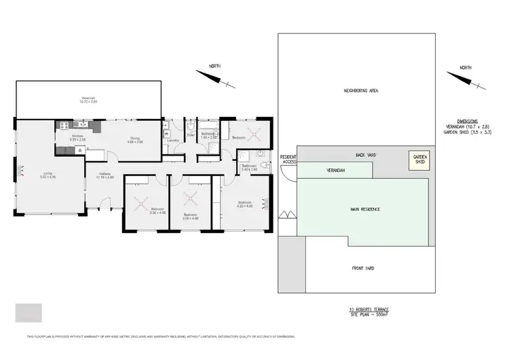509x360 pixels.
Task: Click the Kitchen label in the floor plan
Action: pyautogui.click(x=78, y=137)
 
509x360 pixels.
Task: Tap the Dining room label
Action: pyautogui.click(x=136, y=139)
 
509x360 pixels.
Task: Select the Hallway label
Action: pyautogui.click(x=105, y=173)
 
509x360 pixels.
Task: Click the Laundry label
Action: pyautogui.click(x=172, y=141)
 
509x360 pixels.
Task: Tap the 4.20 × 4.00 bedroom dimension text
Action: pyautogui.click(x=245, y=206)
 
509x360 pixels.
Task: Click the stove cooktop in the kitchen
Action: pyautogui.click(x=65, y=124)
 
